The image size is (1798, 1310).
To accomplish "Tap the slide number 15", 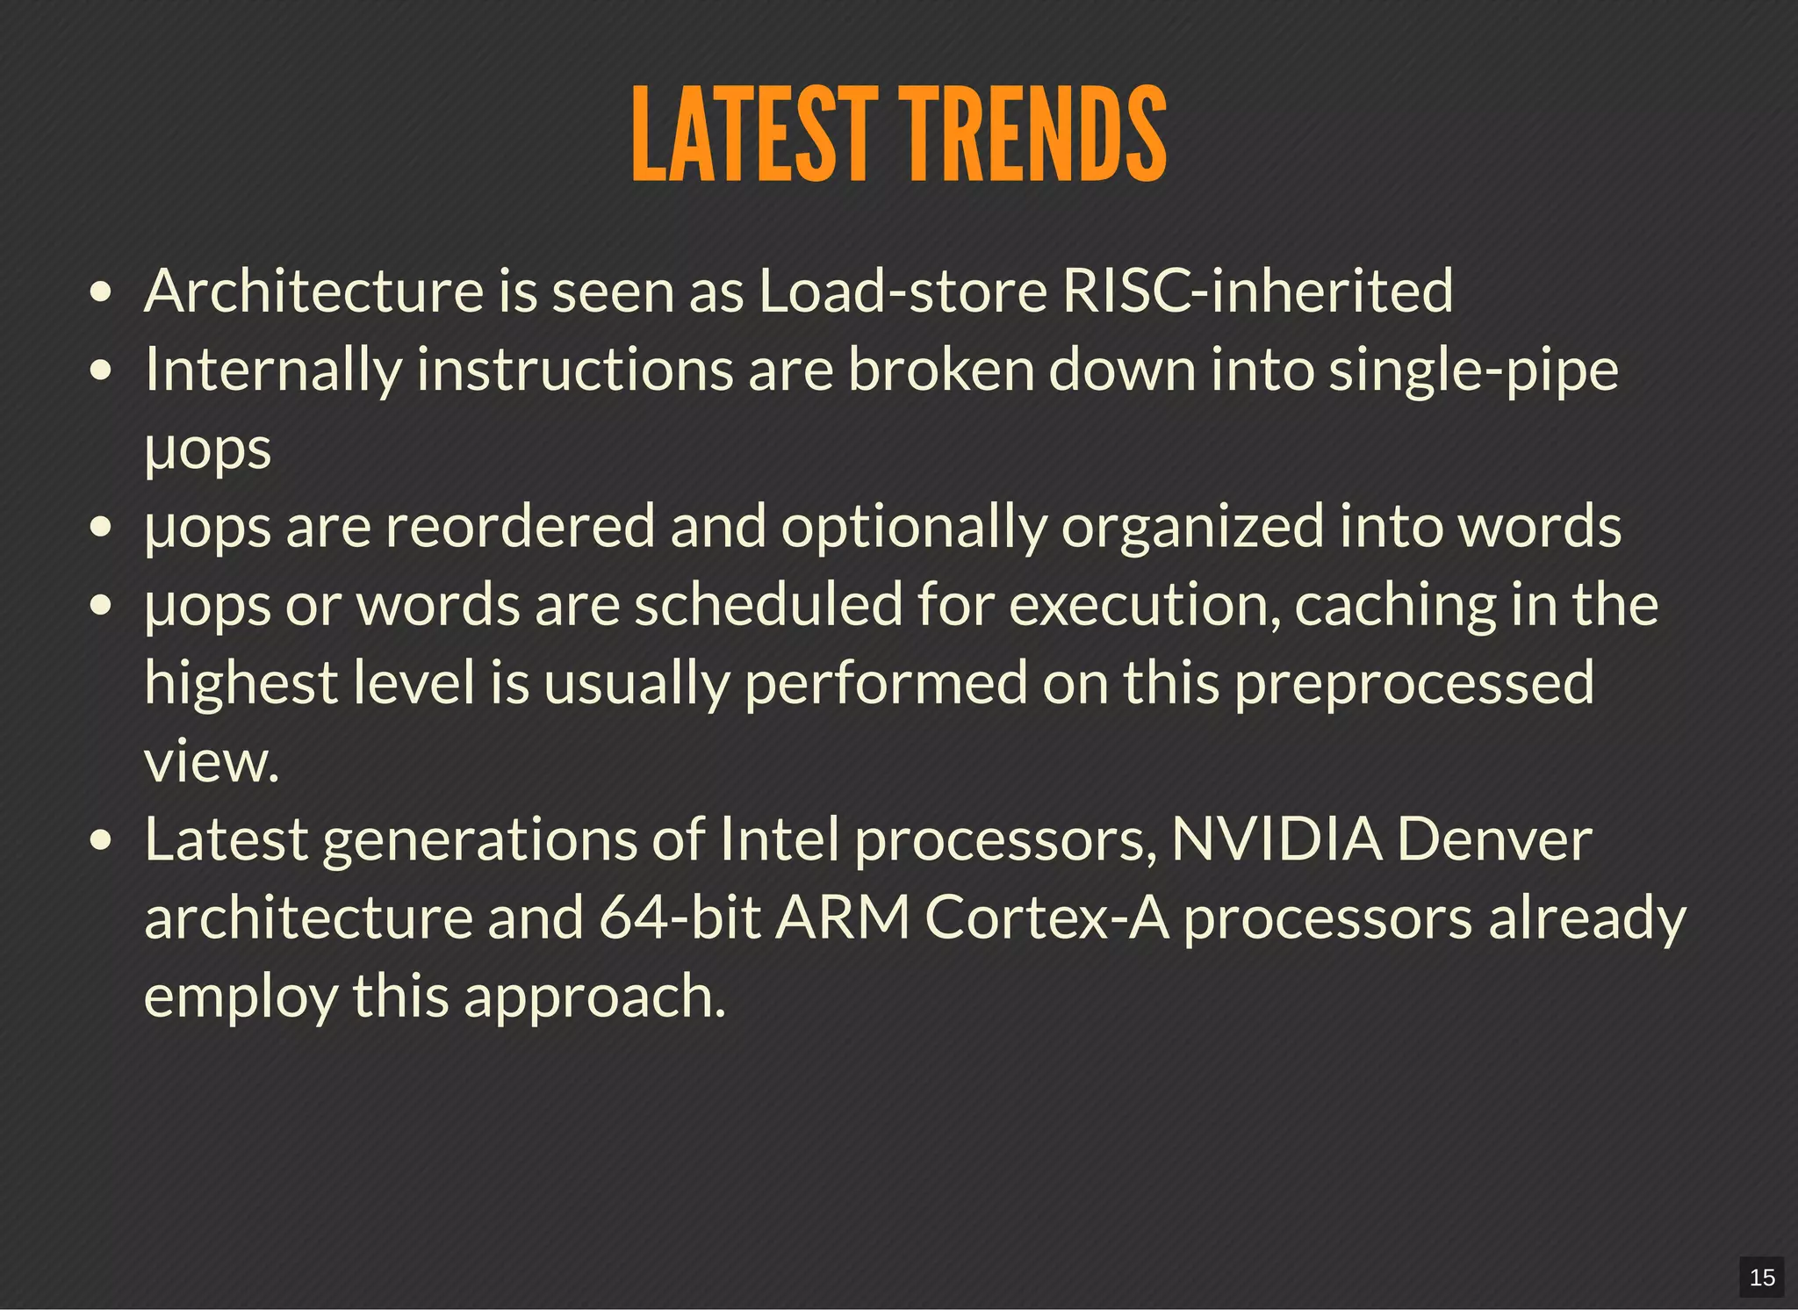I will tap(1761, 1277).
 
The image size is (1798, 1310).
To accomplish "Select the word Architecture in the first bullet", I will tap(313, 291).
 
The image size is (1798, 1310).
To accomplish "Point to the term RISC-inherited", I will tap(1257, 291).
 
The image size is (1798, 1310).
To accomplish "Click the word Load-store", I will tap(903, 291).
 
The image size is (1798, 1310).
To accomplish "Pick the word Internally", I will tap(273, 370).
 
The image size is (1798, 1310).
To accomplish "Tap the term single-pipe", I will tap(1473, 370).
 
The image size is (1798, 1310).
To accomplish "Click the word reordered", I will tap(521, 527).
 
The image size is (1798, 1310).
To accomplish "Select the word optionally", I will tap(914, 527).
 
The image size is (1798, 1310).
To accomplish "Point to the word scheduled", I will tap(768, 605).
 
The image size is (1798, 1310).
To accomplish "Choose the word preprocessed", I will tap(1413, 683).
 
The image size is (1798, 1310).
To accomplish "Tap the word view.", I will tap(212, 761).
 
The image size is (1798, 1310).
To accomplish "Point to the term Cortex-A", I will tap(1046, 918).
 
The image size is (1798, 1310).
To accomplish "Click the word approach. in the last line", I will tap(594, 997).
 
